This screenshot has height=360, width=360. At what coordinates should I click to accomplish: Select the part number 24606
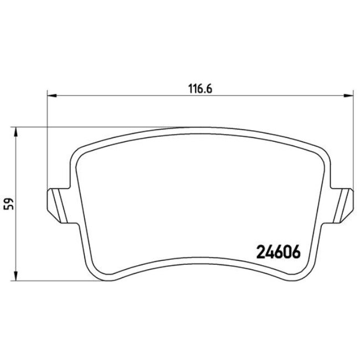278,252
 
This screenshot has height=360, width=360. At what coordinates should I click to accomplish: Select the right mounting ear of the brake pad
343,203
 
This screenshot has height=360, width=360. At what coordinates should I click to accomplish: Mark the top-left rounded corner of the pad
81,151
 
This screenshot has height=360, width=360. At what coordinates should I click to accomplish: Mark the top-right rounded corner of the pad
320,151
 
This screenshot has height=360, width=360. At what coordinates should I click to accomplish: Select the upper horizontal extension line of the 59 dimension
83,127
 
